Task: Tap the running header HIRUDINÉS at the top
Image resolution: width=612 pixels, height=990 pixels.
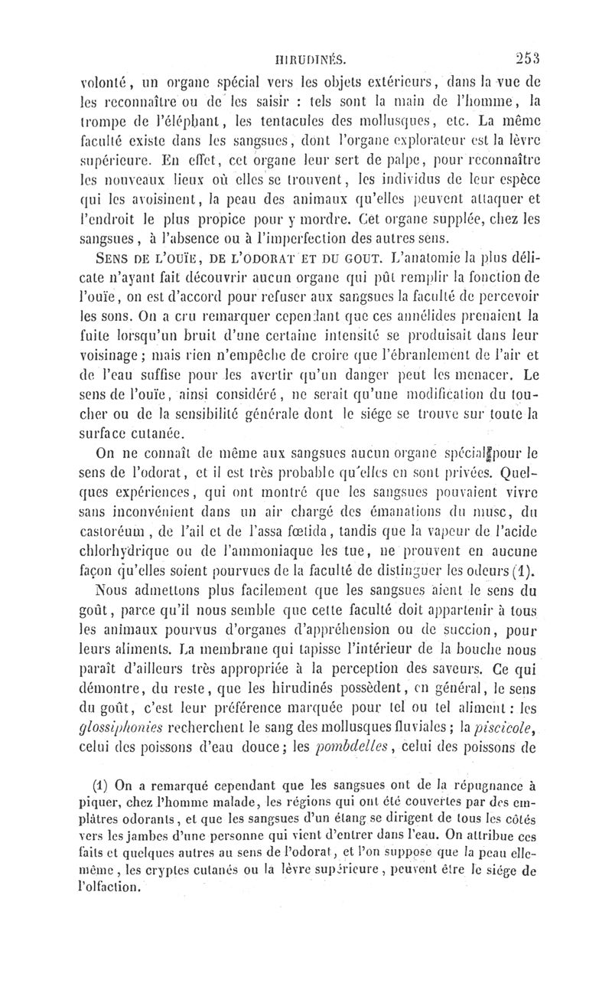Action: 314,56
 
